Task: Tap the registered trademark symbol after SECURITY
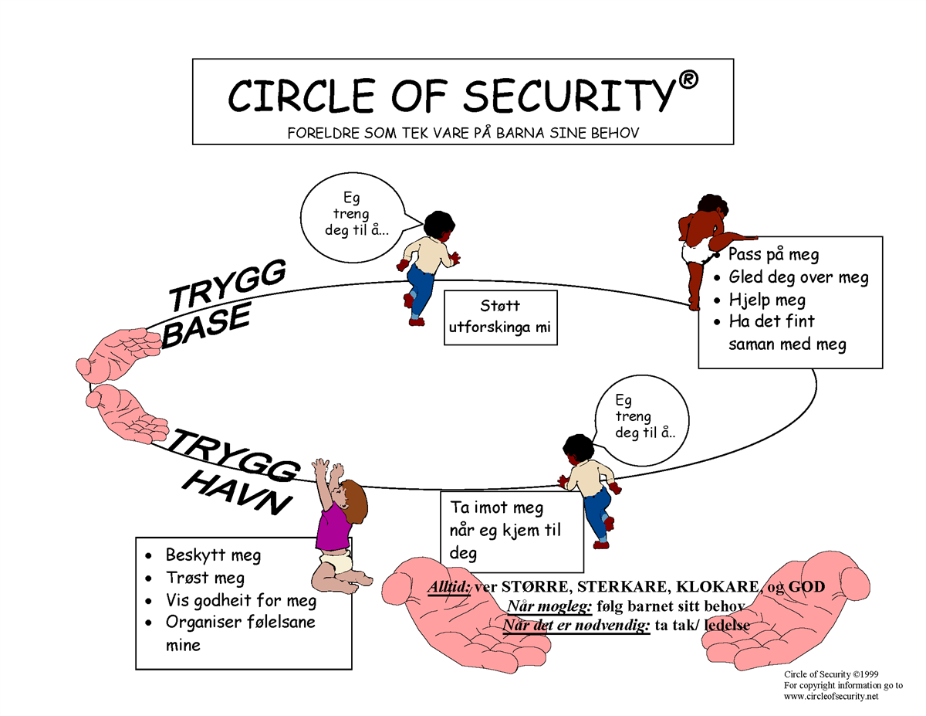(689, 80)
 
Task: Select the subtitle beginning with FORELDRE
(463, 133)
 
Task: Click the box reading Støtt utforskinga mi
(500, 317)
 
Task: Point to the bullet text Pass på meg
(773, 254)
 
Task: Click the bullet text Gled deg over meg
(798, 277)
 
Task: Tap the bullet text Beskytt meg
(213, 555)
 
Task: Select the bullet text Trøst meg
(205, 578)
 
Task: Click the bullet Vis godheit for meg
(241, 600)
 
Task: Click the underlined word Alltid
(449, 588)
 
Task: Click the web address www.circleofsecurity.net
(831, 697)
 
